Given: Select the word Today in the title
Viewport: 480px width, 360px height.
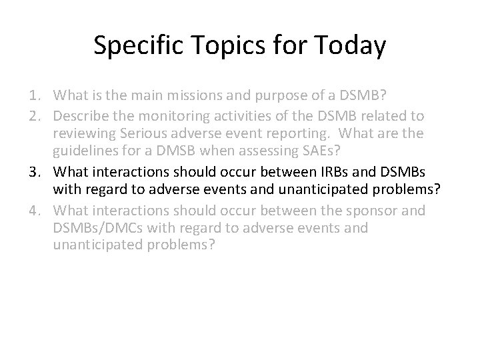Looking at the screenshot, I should (350, 46).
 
